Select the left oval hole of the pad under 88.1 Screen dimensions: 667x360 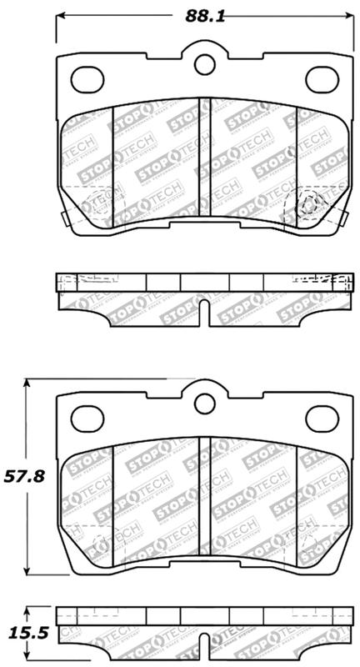(x=85, y=78)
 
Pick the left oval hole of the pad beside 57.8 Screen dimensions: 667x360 (x=85, y=414)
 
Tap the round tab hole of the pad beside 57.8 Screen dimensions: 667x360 (x=204, y=404)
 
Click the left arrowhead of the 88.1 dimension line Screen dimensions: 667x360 (x=60, y=17)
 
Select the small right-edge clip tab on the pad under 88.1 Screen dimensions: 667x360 (x=344, y=217)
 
